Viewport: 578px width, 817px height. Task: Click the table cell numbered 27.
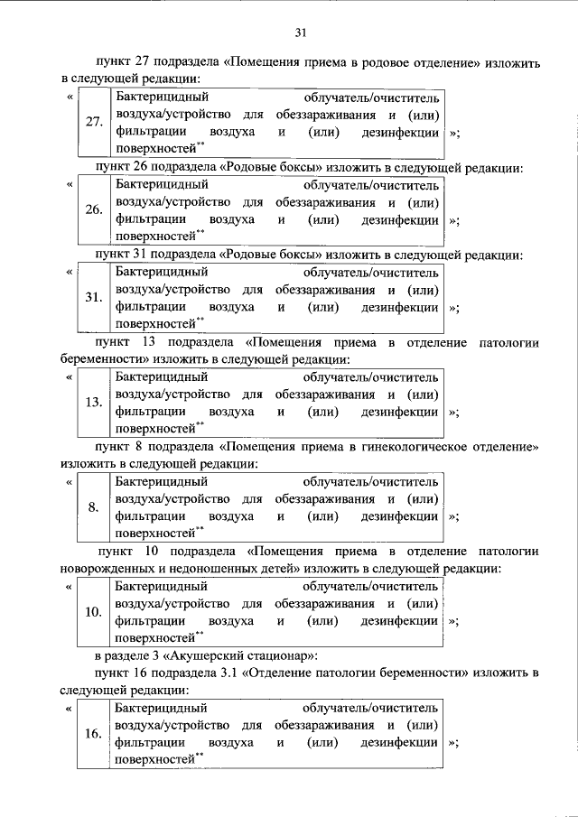[93, 124]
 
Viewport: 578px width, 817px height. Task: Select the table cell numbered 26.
[93, 210]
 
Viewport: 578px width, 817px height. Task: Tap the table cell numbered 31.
[93, 298]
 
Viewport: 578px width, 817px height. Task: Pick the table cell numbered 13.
[93, 403]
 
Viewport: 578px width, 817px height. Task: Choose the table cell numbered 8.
[93, 507]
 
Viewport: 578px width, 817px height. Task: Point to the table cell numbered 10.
[93, 612]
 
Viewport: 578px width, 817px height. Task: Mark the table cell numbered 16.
[93, 734]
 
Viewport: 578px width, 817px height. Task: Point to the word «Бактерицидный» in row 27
[162, 97]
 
